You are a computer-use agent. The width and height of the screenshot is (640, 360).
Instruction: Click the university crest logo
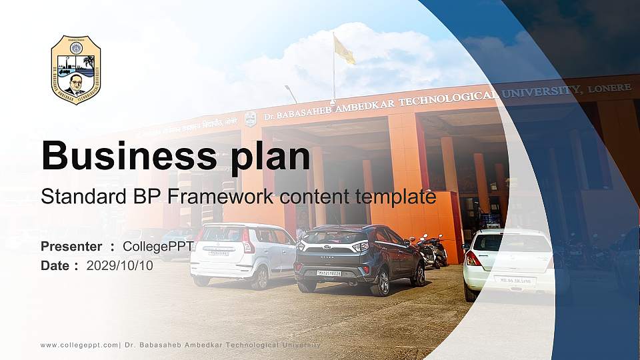(76, 70)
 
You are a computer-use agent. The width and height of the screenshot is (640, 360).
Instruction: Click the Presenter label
(71, 247)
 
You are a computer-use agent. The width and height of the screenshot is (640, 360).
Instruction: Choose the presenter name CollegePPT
(158, 247)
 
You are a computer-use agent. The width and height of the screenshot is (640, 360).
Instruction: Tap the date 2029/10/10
(120, 265)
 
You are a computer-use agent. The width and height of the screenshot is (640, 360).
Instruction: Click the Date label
(55, 265)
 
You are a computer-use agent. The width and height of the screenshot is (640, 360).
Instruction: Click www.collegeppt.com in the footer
(79, 345)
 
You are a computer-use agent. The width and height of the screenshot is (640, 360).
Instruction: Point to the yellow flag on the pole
(344, 51)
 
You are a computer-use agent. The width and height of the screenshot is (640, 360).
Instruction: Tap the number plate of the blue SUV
(329, 273)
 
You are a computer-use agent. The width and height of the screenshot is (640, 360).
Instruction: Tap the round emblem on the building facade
(250, 119)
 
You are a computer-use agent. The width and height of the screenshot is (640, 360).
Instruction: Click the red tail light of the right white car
(473, 259)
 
